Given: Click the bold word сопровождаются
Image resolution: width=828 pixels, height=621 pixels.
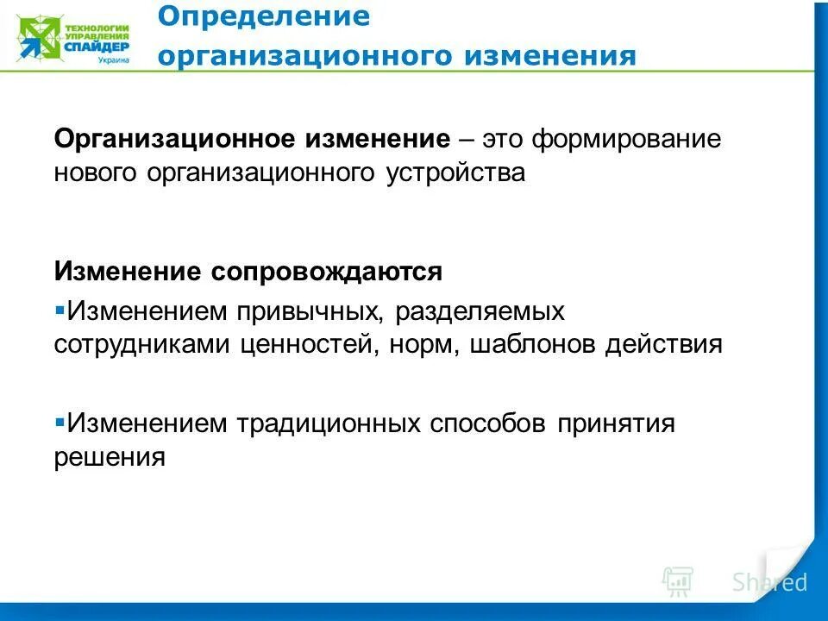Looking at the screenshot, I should (324, 272).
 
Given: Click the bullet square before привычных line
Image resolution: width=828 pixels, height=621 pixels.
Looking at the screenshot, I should (60, 308).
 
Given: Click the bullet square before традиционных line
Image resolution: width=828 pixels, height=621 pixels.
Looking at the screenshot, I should (60, 423).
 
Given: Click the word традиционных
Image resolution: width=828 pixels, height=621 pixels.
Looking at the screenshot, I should (329, 423).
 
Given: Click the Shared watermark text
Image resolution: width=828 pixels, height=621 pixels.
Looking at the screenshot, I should (769, 582).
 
